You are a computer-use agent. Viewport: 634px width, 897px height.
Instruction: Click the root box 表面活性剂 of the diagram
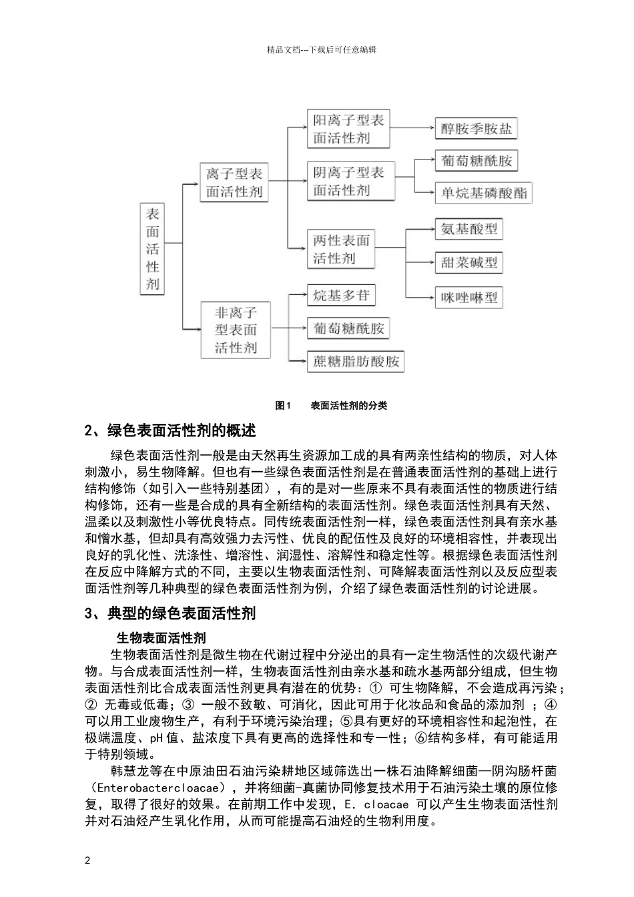click(153, 249)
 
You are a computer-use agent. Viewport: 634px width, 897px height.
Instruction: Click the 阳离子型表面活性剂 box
click(349, 129)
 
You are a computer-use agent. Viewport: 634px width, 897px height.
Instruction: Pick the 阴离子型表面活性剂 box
click(349, 181)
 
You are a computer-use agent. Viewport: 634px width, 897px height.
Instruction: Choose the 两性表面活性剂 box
click(341, 249)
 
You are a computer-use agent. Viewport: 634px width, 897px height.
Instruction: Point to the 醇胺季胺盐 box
click(477, 129)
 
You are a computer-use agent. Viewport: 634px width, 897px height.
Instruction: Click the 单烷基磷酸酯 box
click(484, 194)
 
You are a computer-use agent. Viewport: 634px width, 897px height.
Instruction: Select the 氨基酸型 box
click(469, 230)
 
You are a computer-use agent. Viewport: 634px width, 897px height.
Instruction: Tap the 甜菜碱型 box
click(469, 262)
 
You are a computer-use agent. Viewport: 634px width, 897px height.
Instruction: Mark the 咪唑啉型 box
click(469, 298)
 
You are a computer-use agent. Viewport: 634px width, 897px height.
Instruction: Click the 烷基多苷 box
click(341, 296)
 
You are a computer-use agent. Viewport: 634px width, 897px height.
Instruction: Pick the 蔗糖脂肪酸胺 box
click(356, 362)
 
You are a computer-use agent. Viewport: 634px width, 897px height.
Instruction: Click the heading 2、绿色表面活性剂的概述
click(170, 431)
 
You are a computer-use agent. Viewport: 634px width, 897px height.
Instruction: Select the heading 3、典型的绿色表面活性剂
click(170, 613)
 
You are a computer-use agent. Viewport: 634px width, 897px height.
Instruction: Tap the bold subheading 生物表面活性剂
click(162, 638)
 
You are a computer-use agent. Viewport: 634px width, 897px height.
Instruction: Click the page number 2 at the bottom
click(87, 860)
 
